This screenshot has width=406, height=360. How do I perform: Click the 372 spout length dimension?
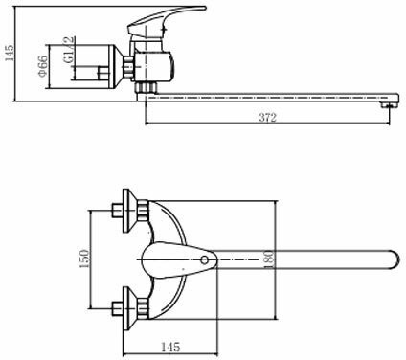coord(267,118)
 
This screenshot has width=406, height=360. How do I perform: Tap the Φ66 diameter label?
coord(43,66)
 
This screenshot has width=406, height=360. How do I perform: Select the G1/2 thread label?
coord(69,50)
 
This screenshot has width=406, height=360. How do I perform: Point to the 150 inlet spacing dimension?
coord(84,259)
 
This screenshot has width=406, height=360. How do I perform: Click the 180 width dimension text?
coord(269,259)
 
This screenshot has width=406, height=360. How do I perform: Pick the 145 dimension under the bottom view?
coord(170,347)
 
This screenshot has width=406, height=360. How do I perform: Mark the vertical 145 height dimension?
coord(10,53)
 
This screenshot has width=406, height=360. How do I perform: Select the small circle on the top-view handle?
coord(204,260)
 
